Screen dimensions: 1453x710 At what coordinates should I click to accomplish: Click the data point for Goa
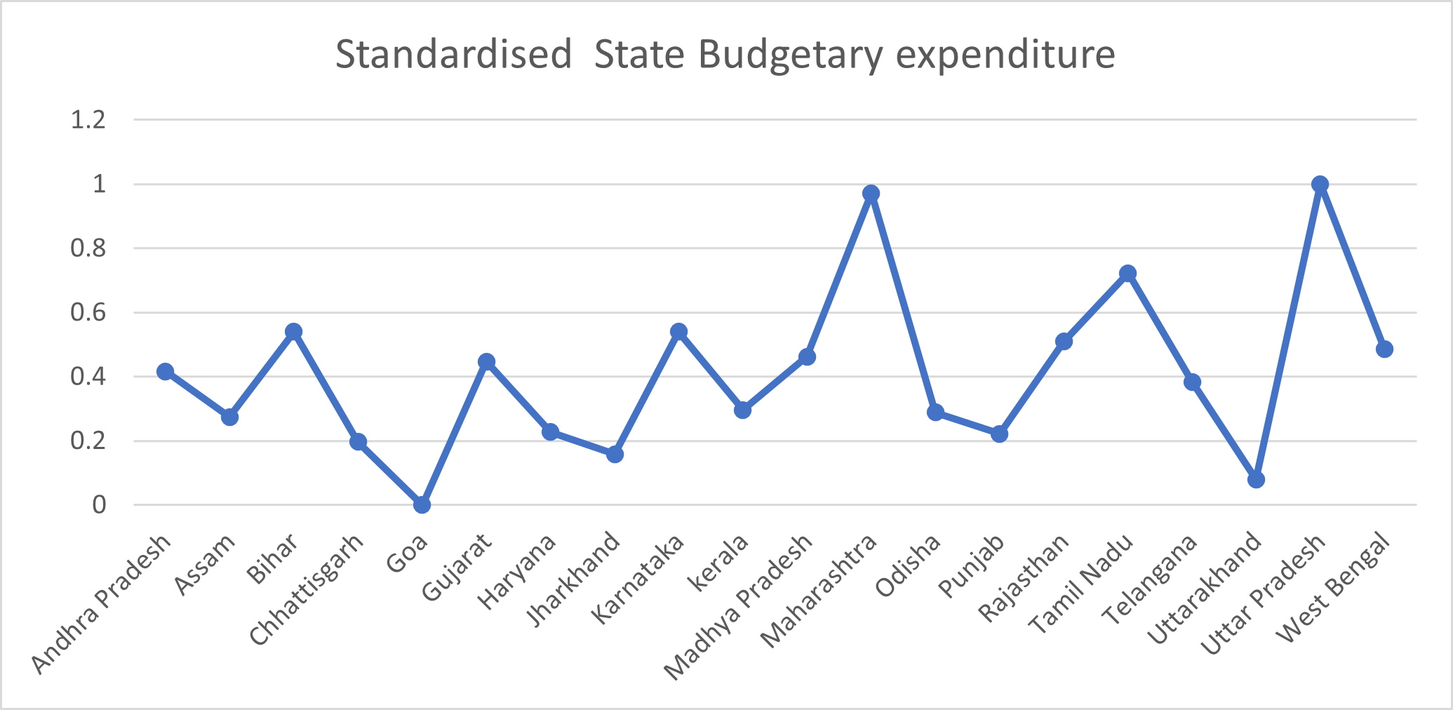pyautogui.click(x=422, y=504)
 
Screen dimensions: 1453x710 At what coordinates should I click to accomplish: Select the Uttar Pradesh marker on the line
pyautogui.click(x=1320, y=185)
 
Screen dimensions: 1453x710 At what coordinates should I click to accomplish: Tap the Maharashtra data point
pyautogui.click(x=871, y=194)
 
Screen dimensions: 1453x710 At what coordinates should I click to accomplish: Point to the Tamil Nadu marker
pyautogui.click(x=1127, y=273)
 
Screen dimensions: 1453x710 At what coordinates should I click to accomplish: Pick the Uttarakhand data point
pyautogui.click(x=1256, y=480)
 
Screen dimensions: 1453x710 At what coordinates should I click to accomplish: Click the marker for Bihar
pyautogui.click(x=294, y=331)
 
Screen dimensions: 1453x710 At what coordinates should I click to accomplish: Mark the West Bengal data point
pyautogui.click(x=1384, y=349)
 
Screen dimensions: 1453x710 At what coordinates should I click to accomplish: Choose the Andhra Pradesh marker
pyautogui.click(x=166, y=371)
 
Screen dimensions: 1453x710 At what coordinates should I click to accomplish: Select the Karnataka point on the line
pyautogui.click(x=678, y=331)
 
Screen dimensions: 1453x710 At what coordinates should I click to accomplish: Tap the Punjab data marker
pyautogui.click(x=999, y=434)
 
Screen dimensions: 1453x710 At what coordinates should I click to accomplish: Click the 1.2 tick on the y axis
pyautogui.click(x=88, y=120)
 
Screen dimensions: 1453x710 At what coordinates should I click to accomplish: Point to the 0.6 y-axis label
pyautogui.click(x=88, y=312)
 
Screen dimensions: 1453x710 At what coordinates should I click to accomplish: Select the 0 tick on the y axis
pyautogui.click(x=99, y=504)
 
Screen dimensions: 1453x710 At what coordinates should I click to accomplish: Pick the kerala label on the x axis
pyautogui.click(x=719, y=562)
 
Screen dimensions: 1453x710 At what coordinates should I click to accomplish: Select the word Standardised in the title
pyautogui.click(x=454, y=55)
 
